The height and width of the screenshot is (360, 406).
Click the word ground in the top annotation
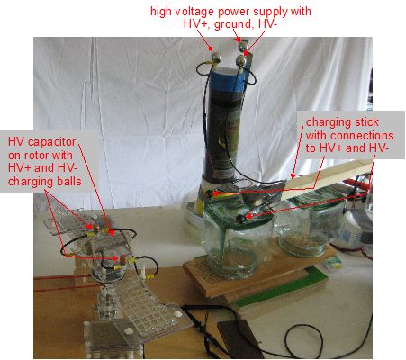[x=233, y=24]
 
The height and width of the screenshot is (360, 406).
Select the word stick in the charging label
[x=365, y=122]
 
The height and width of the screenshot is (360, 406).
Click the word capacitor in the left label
[x=50, y=142]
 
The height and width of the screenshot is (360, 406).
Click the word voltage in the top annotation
[x=191, y=12]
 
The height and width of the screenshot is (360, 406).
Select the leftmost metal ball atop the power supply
[x=216, y=57]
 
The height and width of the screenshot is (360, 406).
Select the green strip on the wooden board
[x=281, y=287]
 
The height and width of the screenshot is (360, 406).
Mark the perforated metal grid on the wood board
[x=204, y=271]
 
